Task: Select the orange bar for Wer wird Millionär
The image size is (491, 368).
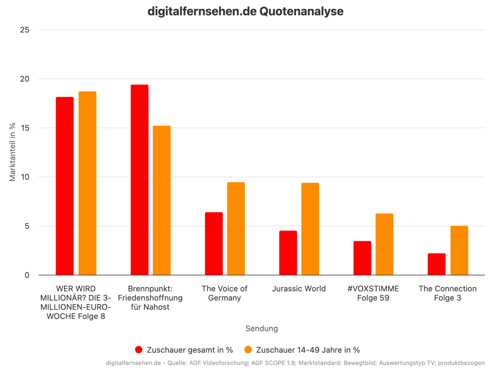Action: pos(87,183)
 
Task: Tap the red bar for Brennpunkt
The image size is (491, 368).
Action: pos(139,180)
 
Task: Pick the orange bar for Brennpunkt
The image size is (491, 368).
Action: pos(162,200)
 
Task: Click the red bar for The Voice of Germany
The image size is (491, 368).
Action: pos(214,243)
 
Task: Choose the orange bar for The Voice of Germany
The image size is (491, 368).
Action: pos(236,228)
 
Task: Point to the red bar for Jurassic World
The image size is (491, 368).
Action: pos(288,253)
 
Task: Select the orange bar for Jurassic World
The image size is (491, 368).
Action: pos(310,229)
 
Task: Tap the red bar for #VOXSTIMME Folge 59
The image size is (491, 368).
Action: pos(362,258)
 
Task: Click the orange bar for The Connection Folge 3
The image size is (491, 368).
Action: pos(459,250)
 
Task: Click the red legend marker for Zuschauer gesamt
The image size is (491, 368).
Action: pos(139,350)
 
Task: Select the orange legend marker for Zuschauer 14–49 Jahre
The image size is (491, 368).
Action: pos(248,350)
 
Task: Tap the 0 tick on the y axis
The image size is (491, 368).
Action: pos(27,275)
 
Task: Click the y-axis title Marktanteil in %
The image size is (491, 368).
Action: pos(12,152)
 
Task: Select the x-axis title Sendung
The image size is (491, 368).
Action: pos(262,328)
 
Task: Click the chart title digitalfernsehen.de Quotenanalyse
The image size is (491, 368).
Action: pos(245,11)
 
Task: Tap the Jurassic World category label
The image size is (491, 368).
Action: pos(299,289)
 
